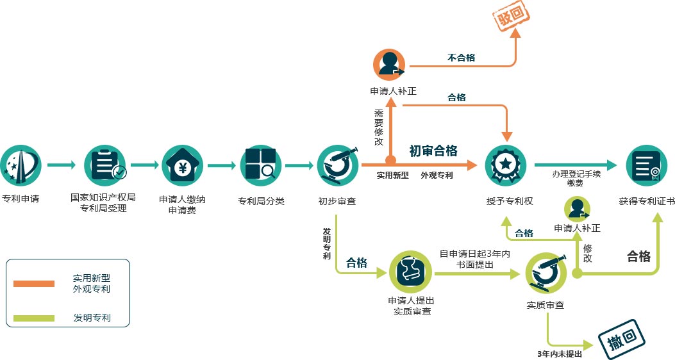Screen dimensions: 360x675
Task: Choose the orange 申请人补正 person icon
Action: (x=390, y=65)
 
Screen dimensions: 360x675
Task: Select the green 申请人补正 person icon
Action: (x=577, y=209)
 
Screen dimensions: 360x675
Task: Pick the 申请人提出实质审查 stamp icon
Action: (x=411, y=272)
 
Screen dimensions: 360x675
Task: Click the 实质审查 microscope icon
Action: (x=546, y=273)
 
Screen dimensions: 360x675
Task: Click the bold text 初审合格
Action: (x=433, y=151)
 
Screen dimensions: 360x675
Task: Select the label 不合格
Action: (x=461, y=58)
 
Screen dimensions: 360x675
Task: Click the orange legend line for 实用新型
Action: (x=34, y=284)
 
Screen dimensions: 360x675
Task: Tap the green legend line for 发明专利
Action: (x=34, y=317)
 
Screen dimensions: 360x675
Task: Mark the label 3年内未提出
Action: (x=559, y=353)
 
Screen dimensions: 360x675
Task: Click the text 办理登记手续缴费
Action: (x=576, y=178)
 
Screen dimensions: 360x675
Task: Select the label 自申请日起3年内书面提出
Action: (x=474, y=259)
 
